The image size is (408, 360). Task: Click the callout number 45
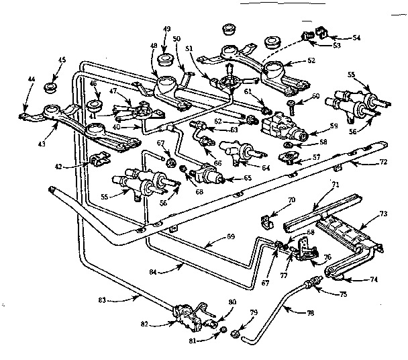(x=61, y=60)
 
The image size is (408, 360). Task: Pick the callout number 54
(x=356, y=39)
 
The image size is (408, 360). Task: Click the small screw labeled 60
(x=293, y=104)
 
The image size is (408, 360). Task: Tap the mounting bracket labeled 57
(x=293, y=159)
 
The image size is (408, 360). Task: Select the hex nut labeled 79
(x=237, y=333)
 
